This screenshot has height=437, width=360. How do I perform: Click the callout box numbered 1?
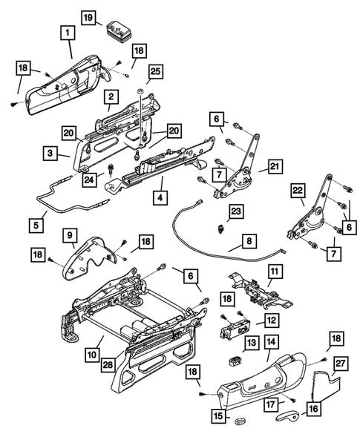pos(68,33)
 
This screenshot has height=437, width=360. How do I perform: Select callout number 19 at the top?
pos(88,16)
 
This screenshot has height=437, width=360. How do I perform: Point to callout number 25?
pos(154,70)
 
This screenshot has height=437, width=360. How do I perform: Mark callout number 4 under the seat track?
pos(160,197)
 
